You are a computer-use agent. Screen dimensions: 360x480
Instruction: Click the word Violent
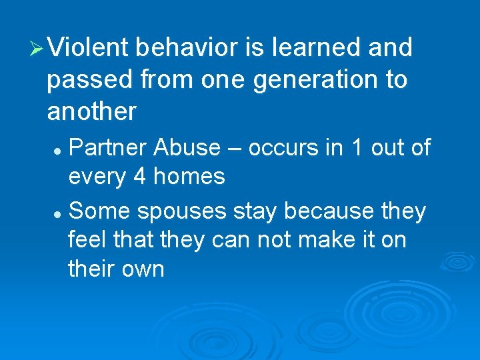point(91,48)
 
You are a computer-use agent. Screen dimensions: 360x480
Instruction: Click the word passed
point(89,81)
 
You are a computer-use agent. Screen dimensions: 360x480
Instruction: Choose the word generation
point(307,80)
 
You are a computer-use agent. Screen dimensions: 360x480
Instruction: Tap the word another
point(91,112)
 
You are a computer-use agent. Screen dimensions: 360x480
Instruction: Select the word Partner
point(107,147)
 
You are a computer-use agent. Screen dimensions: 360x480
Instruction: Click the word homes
point(189,177)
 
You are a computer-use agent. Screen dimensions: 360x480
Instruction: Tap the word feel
point(91,241)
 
